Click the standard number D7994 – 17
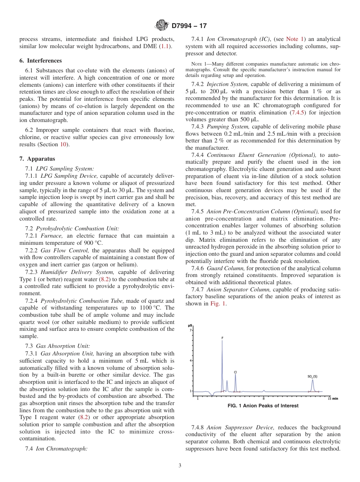189,26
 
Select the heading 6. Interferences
41,61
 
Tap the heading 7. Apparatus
37,159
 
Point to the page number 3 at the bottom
180,466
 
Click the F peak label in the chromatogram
222,337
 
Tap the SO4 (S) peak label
312,376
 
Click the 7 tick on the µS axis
191,330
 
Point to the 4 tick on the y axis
191,361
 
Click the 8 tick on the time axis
264,398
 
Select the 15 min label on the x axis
332,398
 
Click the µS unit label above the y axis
191,325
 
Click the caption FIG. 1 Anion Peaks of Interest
263,406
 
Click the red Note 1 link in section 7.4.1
294,39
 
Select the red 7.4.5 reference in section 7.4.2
297,113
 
